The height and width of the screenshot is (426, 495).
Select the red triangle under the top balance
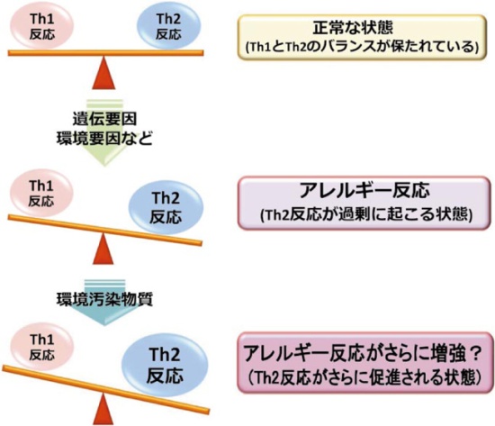point(107,72)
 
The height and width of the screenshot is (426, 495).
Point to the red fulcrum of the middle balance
point(107,248)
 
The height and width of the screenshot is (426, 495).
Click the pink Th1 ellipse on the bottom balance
point(40,342)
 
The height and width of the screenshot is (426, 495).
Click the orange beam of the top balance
point(107,52)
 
